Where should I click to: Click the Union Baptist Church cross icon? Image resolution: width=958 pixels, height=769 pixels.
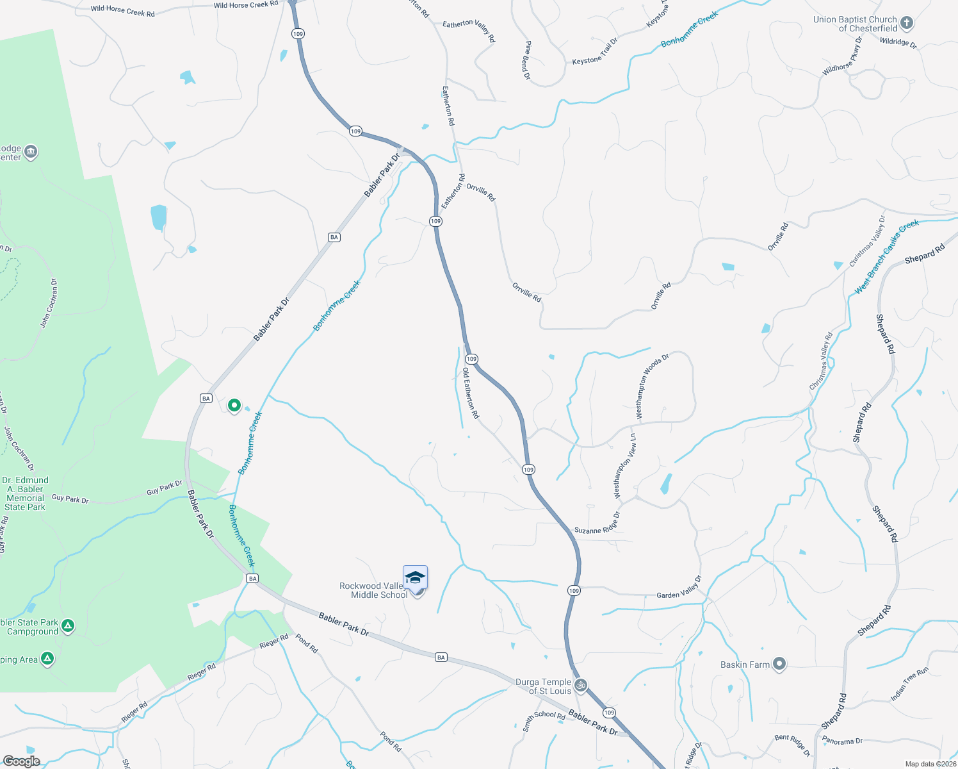(906, 24)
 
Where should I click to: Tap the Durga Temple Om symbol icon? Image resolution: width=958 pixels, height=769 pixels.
(580, 685)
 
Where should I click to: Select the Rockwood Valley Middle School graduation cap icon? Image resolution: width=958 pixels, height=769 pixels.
(415, 577)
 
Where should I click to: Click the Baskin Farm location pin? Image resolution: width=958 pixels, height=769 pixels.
(779, 664)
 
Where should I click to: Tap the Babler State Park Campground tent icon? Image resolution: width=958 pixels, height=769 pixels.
(68, 625)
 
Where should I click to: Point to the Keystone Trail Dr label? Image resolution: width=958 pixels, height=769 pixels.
(595, 51)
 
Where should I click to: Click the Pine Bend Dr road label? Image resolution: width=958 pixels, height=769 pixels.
(527, 60)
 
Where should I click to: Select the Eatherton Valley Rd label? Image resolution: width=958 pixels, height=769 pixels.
(469, 30)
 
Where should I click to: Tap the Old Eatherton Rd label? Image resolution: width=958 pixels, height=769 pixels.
(470, 393)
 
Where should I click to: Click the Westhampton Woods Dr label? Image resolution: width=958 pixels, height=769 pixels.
(652, 386)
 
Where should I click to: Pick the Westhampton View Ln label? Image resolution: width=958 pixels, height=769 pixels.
(624, 466)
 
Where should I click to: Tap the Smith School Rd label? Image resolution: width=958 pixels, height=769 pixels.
(544, 720)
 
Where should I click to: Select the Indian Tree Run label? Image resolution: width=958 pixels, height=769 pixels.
(909, 684)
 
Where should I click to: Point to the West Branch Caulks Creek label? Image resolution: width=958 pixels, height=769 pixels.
(887, 256)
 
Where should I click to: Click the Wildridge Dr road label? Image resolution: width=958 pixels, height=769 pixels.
(898, 42)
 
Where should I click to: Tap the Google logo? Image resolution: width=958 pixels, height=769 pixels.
(22, 761)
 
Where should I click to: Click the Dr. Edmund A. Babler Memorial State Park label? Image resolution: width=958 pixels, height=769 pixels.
(26, 493)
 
